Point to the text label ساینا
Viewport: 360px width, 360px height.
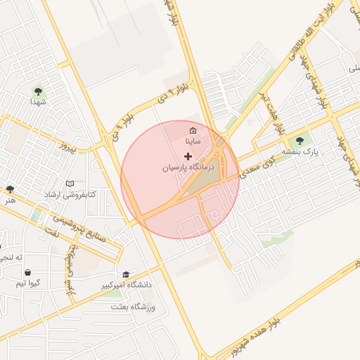[193, 141]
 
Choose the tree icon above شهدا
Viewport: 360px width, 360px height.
[37, 91]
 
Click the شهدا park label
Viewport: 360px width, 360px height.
[37, 103]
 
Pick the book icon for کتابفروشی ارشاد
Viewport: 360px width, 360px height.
[70, 184]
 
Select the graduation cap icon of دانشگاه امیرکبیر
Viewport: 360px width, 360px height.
[126, 274]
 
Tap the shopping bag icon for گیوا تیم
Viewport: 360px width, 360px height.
[27, 272]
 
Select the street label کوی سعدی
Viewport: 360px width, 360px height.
[257, 165]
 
